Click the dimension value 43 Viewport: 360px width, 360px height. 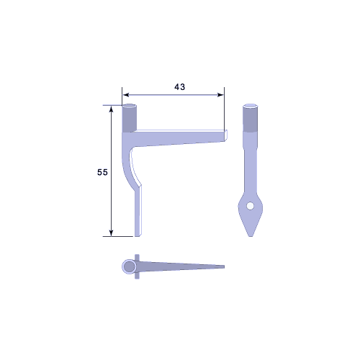180,87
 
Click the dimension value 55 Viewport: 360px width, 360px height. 102,172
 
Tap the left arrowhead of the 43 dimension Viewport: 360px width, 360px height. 125,95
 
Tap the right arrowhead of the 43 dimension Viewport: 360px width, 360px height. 220,95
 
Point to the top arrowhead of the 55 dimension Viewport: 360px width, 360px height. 111,109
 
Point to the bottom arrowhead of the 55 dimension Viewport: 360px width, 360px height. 111,233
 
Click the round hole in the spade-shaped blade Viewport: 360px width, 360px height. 251,206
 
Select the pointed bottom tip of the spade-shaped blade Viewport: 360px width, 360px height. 251,236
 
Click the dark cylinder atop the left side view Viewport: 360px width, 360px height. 130,118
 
